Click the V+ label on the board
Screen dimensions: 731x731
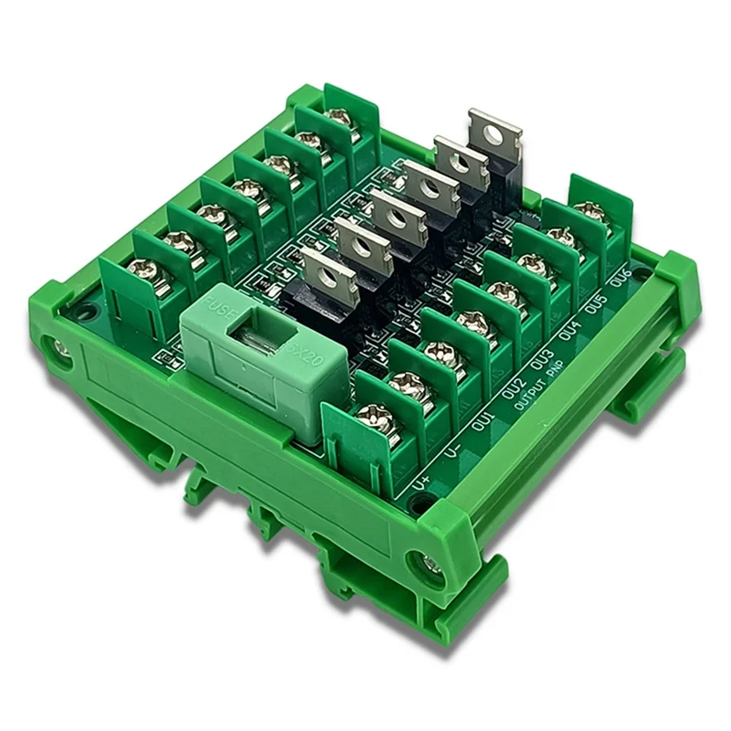click(x=422, y=478)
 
